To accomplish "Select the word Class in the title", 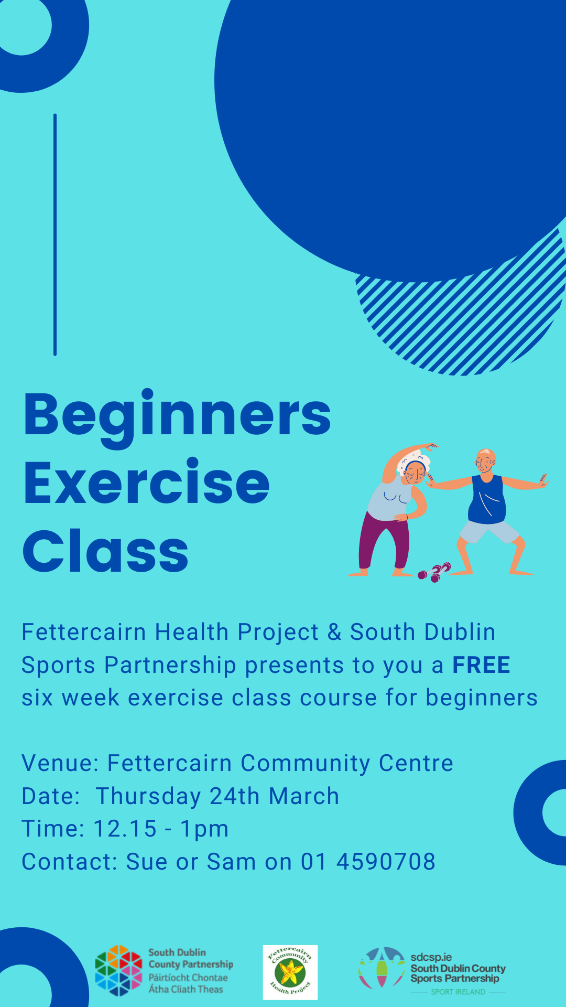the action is pos(105,551).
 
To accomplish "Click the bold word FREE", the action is pos(481,665).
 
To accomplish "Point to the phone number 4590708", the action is pos(386,862).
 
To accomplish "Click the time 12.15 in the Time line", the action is pos(125,829).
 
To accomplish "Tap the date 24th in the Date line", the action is pos(235,796).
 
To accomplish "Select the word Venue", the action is pos(60,763).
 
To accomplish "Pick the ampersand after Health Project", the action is pos(334,632).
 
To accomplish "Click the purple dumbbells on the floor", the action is pos(434,572).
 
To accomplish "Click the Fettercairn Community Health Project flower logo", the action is pos(290,972).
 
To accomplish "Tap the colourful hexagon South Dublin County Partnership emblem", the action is pos(118,970).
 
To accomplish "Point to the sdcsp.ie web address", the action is pos(431,957).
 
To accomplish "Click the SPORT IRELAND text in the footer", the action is pos(458,992).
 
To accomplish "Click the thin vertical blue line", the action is pos(55,234).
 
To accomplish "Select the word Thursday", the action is pos(148,796).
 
